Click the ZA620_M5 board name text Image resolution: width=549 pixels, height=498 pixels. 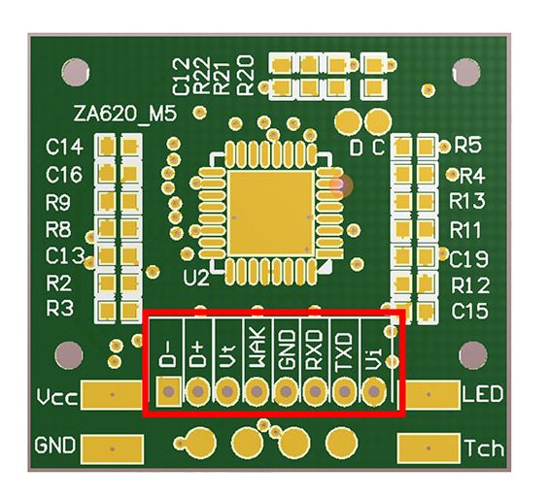coord(125,114)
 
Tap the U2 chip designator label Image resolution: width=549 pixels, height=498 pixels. coord(196,278)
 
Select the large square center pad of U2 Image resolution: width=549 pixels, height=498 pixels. coord(270,213)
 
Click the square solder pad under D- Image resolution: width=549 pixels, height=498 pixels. coord(169,391)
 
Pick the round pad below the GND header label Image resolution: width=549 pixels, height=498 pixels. coord(286,391)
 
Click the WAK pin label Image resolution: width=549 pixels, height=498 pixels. coord(257,349)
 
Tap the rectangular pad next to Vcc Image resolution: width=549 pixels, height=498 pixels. coord(112,395)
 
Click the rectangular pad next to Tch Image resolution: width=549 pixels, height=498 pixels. coord(429,448)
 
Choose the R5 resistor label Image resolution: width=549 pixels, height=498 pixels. coord(467,146)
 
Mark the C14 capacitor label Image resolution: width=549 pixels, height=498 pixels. coord(65,147)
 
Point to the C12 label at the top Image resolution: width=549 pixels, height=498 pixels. coord(182,77)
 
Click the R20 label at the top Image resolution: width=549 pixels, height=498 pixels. coord(245,75)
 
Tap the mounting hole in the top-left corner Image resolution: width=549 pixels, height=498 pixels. coord(75,73)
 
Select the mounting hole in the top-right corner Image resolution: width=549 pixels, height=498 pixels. coord(466,73)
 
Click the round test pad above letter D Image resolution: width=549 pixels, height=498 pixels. coord(348,121)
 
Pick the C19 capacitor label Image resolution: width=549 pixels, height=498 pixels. coord(468,259)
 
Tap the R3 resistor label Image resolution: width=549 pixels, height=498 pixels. coord(60,309)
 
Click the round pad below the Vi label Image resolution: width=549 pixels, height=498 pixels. coord(374,391)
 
